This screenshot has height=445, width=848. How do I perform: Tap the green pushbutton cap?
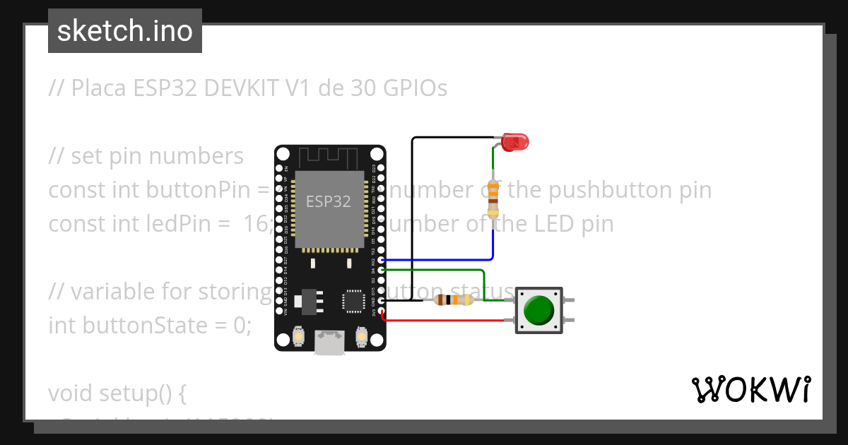point(539,309)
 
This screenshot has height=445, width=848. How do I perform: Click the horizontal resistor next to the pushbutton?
point(453,300)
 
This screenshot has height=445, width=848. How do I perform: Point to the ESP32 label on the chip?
point(328,202)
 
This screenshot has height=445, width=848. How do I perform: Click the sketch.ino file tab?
point(125,31)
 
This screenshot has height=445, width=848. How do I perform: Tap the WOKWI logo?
point(750,390)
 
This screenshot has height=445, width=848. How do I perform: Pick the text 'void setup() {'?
point(117,393)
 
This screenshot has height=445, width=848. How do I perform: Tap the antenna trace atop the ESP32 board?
point(329,157)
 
